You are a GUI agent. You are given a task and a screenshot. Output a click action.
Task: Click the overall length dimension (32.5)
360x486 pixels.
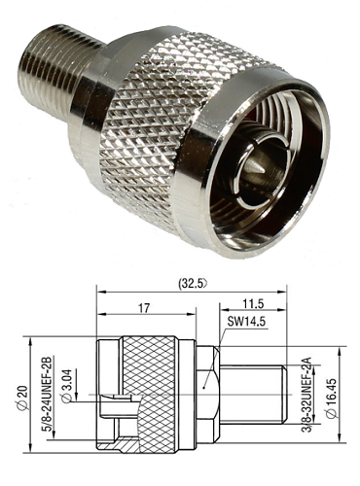(193, 283)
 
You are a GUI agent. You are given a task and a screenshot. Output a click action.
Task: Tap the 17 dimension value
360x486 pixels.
(144, 308)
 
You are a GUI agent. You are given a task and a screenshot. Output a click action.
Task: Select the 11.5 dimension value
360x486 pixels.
(253, 303)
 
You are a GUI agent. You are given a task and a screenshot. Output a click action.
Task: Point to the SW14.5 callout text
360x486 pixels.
(246, 322)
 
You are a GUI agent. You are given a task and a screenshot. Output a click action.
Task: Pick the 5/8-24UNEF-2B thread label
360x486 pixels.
(47, 394)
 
